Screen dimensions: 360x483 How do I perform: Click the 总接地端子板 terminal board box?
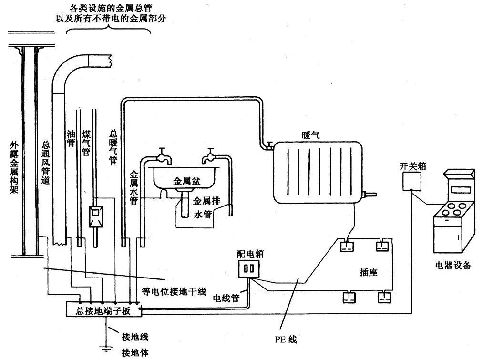coord(103,311)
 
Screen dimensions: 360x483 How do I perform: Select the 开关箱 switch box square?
coord(411,181)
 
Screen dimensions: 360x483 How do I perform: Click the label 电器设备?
coord(453,266)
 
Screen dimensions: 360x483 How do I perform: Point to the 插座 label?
coord(369,272)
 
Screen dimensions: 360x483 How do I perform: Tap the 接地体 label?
coord(135,353)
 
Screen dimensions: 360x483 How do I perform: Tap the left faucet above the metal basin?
coord(162,154)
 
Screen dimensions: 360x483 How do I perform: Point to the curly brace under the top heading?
coord(108,30)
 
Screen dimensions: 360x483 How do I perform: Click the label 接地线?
coord(135,338)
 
